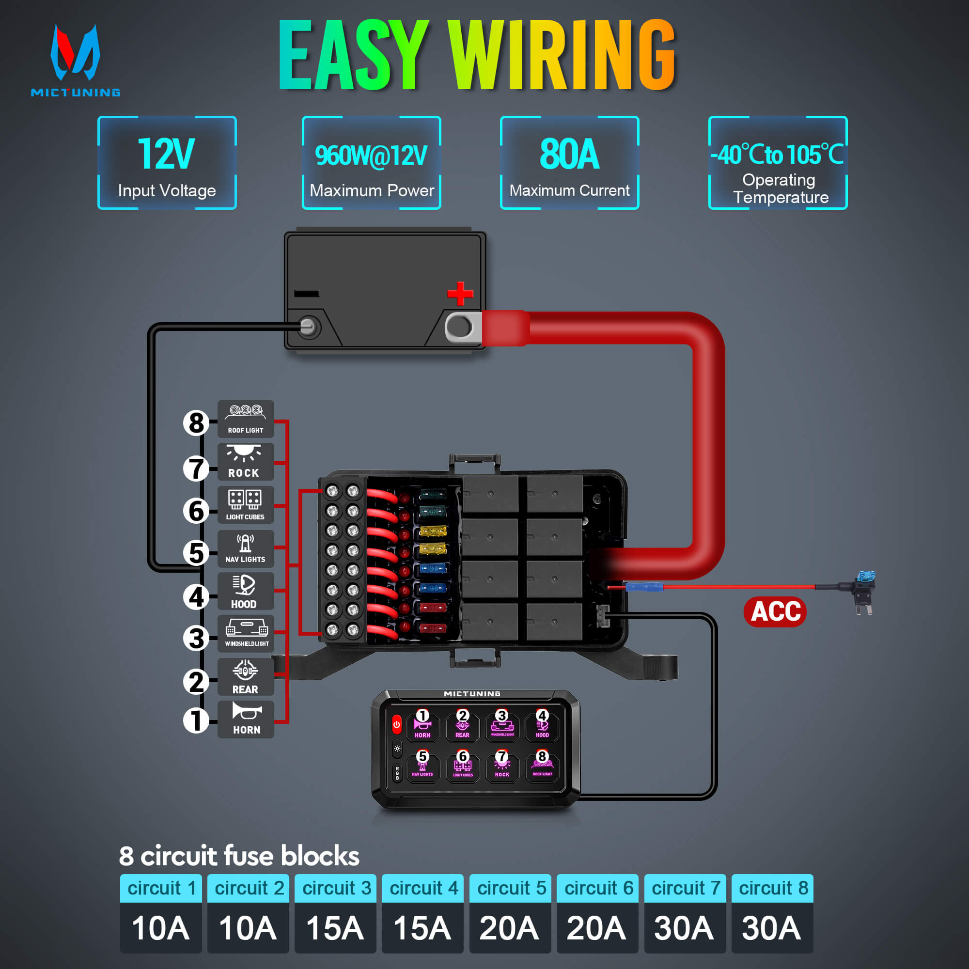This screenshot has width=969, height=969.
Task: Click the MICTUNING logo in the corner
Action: coord(75,60)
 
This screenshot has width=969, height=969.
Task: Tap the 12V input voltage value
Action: coord(166,154)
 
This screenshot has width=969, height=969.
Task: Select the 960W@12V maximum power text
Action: coord(371,156)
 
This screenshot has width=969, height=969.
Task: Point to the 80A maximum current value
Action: coord(569,154)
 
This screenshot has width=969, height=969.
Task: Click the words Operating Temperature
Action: coord(780,188)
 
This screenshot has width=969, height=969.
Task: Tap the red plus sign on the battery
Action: coord(460,294)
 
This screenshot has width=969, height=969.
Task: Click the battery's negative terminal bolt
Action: coord(308,327)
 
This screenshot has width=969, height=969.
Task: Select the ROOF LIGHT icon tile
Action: coord(245,419)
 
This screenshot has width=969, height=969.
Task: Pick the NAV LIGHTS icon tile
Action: coord(245,549)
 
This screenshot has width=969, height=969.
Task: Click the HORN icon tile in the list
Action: coord(245,719)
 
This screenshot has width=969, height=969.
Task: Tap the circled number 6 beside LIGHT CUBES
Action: coord(196,511)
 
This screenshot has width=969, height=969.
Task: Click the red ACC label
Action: coord(775,611)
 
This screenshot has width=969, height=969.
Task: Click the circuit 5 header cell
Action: coord(510,888)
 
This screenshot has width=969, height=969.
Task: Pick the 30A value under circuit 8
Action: coord(772,928)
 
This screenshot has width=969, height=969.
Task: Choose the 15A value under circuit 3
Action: coord(335,928)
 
